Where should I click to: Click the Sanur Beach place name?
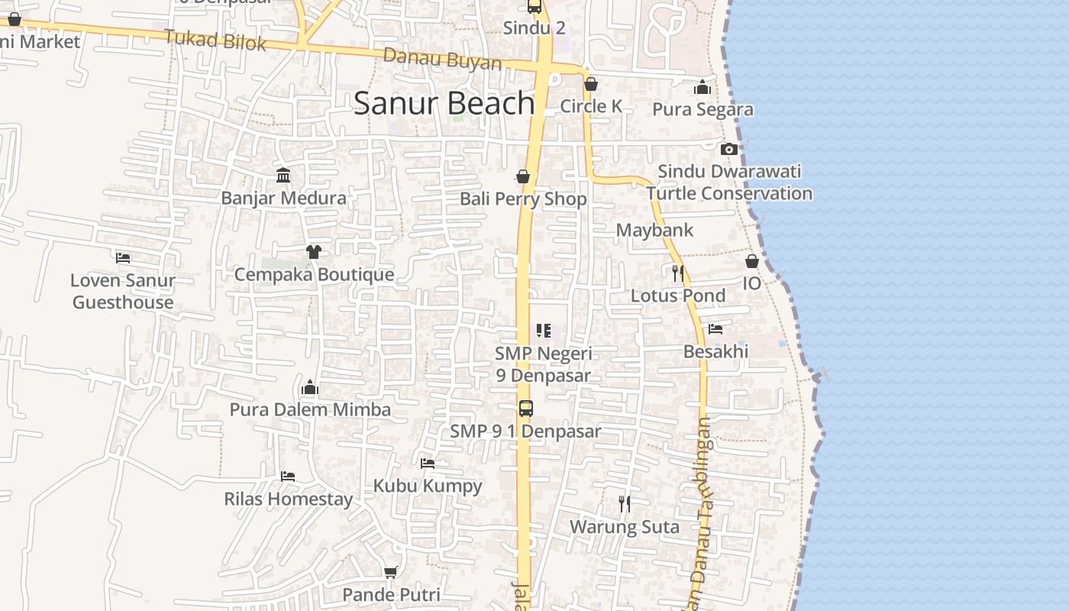coord(444,103)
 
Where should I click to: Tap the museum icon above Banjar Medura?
coord(283,176)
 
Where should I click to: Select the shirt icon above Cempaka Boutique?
coord(313,251)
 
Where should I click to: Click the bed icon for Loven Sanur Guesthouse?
coord(123,258)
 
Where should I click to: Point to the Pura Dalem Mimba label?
coord(310,409)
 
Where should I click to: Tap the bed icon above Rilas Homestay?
coord(288,477)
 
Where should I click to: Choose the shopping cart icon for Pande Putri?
coord(391,572)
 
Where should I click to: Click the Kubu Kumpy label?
coord(428,486)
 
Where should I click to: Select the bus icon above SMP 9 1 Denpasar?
coord(526,408)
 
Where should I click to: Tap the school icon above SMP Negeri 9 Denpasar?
coord(543,331)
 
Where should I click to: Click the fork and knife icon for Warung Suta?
coord(625,504)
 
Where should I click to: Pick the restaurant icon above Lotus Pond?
coord(677,273)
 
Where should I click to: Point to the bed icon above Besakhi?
coord(715,329)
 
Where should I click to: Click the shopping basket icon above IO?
coord(752,261)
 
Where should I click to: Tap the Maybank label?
coord(654,230)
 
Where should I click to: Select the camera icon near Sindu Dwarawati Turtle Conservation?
coord(729,149)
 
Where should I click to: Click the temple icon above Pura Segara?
coord(702,87)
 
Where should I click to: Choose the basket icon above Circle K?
coord(591,84)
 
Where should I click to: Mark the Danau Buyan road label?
coord(442,59)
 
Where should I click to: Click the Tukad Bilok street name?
coord(215,40)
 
